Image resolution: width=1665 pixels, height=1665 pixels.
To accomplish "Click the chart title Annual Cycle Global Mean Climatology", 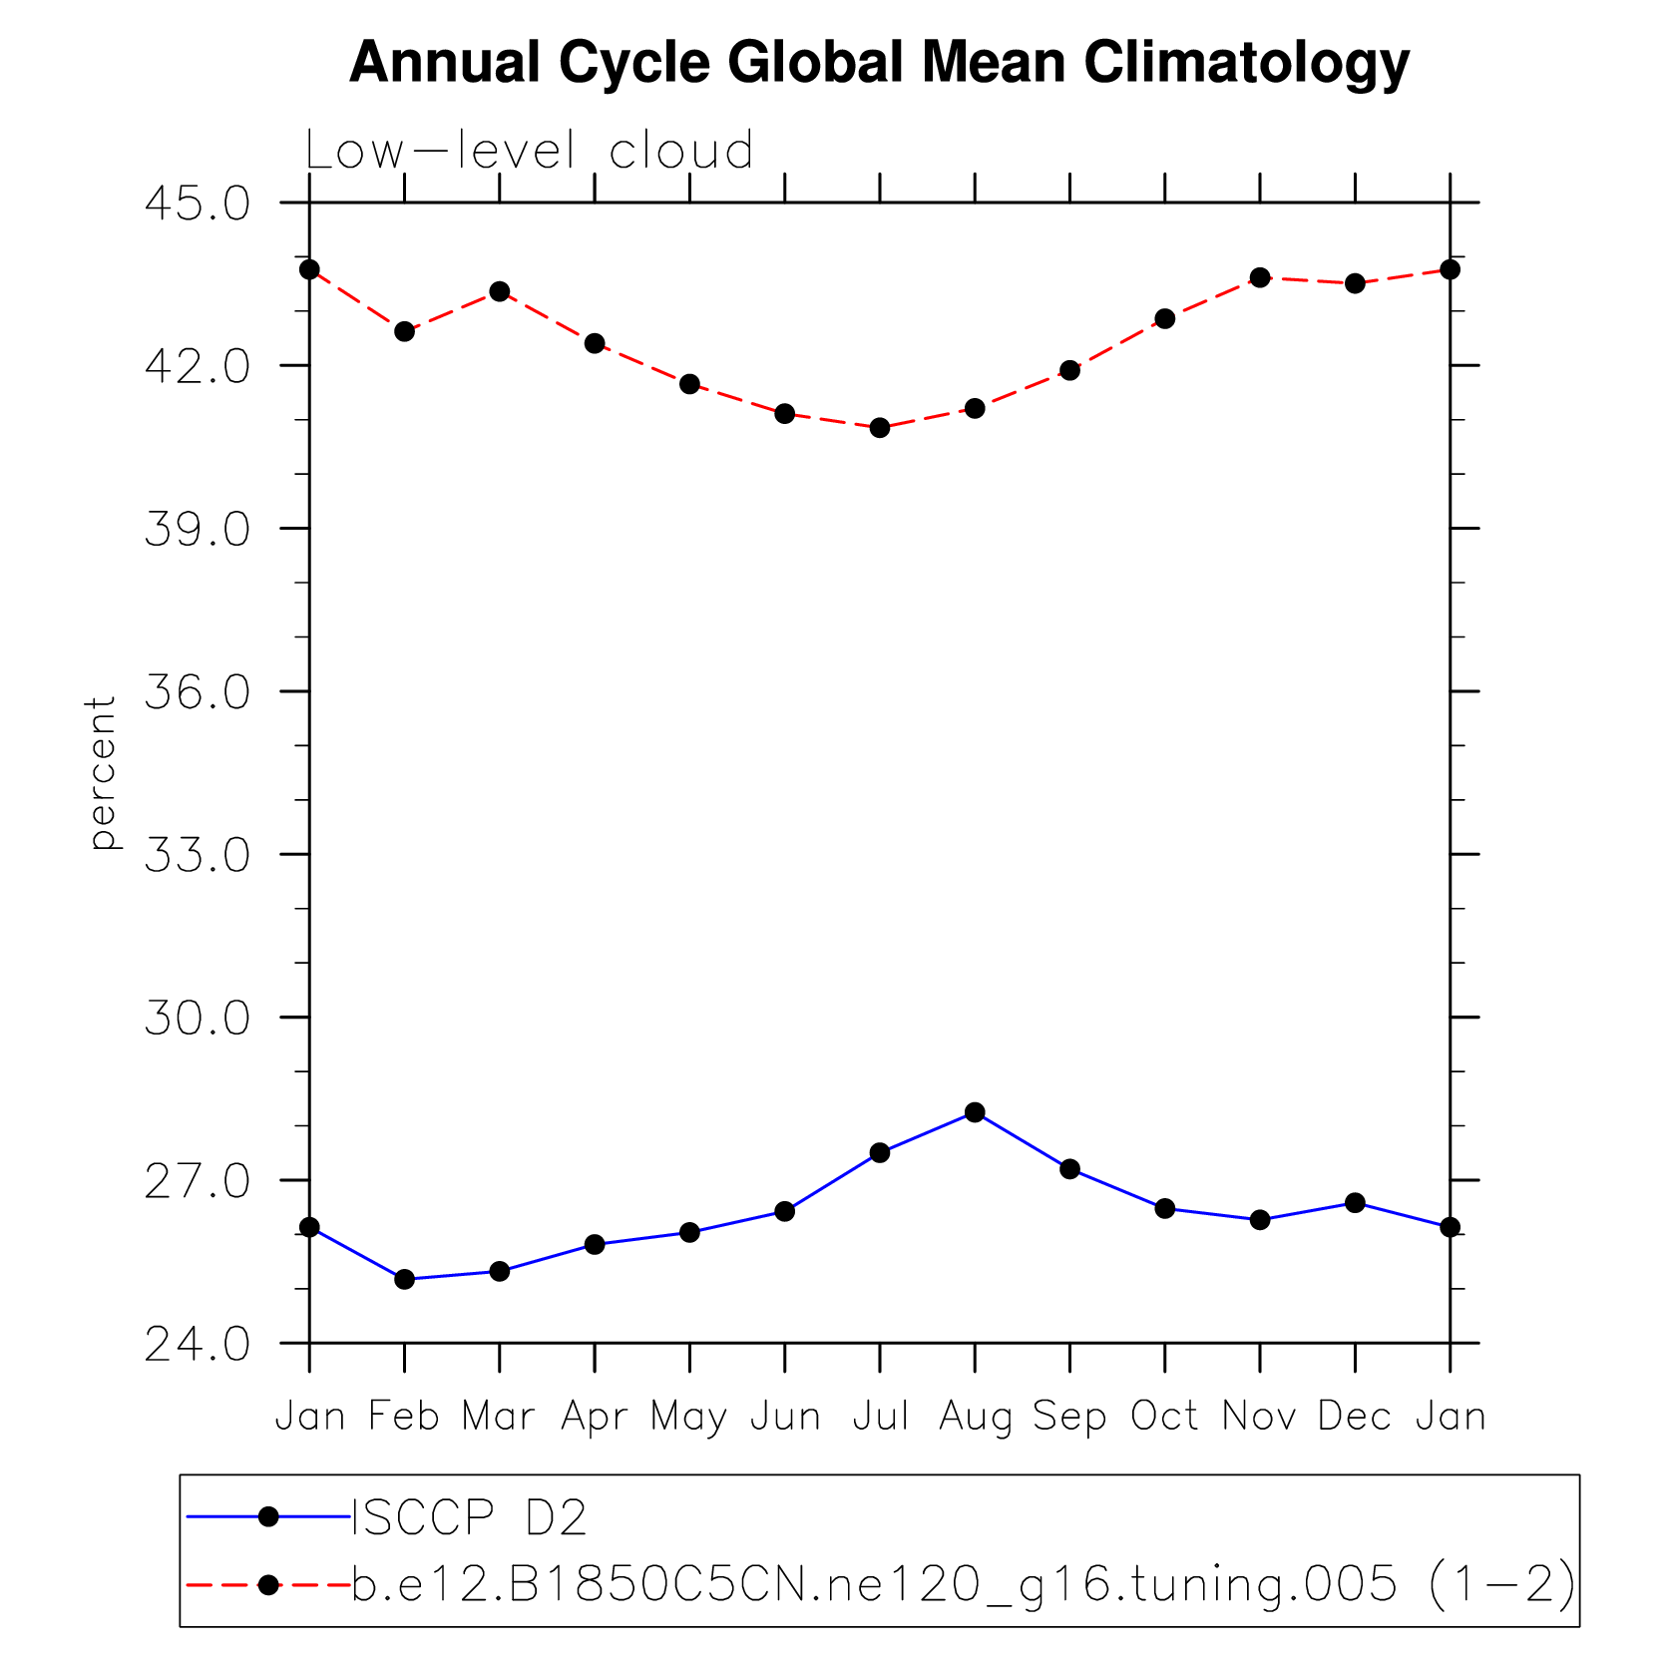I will tap(879, 62).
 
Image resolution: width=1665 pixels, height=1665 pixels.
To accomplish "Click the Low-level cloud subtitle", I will tap(529, 152).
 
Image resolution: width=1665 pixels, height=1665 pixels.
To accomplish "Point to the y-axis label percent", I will tap(102, 773).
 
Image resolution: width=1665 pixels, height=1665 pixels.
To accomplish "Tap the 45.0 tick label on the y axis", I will tap(198, 205).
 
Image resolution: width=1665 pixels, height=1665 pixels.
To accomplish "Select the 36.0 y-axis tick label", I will tap(198, 692).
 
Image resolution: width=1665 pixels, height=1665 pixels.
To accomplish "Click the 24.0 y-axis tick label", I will tap(198, 1345).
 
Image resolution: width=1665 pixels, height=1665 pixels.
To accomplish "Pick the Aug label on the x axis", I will tap(975, 1417).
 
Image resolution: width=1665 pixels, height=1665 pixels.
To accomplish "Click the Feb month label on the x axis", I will tap(404, 1416).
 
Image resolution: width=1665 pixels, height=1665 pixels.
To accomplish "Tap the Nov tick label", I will tap(1259, 1416).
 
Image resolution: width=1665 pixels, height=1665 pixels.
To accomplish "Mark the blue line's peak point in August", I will tap(975, 1112).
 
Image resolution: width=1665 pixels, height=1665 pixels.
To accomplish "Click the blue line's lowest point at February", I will tap(404, 1279).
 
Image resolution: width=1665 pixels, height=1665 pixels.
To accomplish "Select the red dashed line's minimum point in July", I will tap(880, 428).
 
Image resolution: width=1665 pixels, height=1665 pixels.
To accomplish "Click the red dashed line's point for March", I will tap(500, 291).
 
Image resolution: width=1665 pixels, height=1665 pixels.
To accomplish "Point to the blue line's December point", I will tap(1355, 1203).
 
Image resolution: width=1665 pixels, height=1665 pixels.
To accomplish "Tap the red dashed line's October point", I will tap(1164, 319).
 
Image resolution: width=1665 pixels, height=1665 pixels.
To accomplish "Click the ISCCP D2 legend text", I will tap(469, 1517).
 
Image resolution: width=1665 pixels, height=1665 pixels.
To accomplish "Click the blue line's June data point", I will tap(785, 1211).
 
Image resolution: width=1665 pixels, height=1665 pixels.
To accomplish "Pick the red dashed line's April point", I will tap(595, 343).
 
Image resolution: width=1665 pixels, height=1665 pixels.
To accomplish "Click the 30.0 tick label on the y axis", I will tap(198, 1019).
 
